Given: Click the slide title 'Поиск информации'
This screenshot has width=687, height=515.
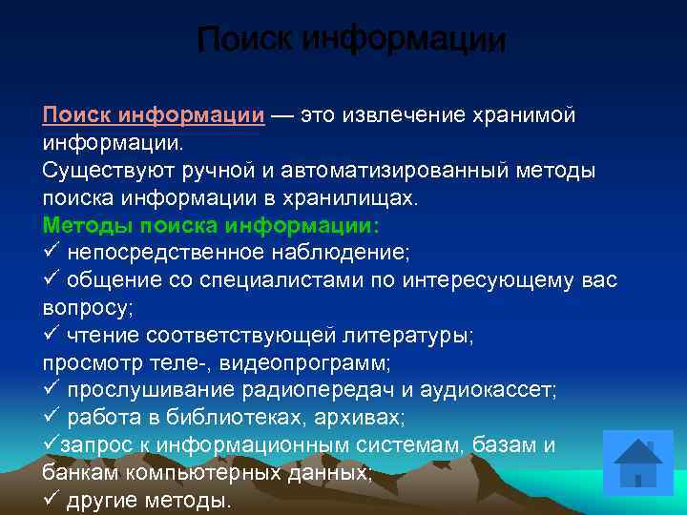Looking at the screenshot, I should coord(351,41).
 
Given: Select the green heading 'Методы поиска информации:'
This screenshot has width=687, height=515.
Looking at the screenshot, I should coord(211,226).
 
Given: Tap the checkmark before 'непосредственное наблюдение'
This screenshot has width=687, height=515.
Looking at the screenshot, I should coord(52,253).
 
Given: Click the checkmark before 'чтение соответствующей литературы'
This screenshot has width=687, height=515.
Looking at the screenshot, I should coord(52,336).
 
